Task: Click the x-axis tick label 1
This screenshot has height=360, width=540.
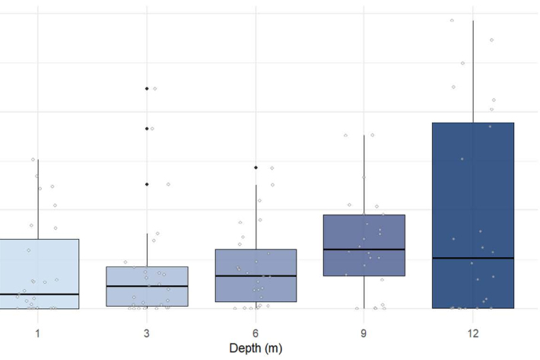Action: point(37,333)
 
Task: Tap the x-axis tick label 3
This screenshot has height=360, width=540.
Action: point(147,333)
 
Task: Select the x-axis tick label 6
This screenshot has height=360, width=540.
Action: point(256,333)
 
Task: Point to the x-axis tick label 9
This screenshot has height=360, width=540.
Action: point(364,333)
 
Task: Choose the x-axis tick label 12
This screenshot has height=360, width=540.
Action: point(473,333)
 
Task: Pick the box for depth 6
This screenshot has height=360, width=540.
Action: point(256,263)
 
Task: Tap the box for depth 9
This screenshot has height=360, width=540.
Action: point(364,232)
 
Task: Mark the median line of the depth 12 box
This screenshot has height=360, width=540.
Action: point(473,258)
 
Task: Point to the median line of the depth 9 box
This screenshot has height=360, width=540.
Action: point(364,249)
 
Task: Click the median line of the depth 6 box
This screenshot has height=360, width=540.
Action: point(256,276)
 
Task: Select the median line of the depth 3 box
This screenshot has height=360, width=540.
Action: point(147,286)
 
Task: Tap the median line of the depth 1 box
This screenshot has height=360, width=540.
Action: point(38,294)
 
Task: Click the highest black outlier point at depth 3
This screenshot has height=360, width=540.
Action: point(147,88)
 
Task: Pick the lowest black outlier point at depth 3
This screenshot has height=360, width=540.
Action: point(147,184)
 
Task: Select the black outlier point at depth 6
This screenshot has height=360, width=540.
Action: point(256,167)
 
